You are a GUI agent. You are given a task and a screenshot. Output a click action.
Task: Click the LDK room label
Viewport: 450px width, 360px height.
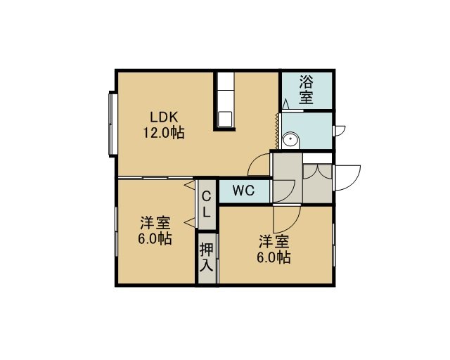click(164, 117)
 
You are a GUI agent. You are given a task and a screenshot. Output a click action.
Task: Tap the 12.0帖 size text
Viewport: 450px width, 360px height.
click(164, 133)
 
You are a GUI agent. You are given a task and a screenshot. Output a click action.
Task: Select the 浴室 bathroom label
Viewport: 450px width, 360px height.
click(306, 89)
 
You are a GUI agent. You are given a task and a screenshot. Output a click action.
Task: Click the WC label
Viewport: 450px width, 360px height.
click(243, 191)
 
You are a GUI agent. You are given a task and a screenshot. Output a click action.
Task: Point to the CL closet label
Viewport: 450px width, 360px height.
click(206, 205)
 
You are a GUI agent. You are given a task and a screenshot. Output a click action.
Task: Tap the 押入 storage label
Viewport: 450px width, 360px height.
click(207, 257)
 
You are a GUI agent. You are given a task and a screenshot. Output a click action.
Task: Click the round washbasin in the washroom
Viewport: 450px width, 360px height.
click(290, 141)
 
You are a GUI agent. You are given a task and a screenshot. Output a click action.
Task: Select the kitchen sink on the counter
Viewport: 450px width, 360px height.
click(225, 119)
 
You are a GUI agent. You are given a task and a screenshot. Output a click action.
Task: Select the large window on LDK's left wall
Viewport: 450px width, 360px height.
click(112, 124)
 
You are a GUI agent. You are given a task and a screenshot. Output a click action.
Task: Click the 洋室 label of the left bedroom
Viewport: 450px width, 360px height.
click(155, 223)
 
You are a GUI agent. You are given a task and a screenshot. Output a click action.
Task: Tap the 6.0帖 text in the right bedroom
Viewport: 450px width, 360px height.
click(274, 257)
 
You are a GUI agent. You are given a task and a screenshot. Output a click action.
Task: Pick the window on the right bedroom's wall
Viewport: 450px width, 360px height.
click(334, 245)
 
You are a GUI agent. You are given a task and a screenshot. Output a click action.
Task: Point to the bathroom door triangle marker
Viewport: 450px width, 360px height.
click(285, 104)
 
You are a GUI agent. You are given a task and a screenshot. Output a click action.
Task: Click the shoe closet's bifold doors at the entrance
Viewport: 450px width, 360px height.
click(317, 171)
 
